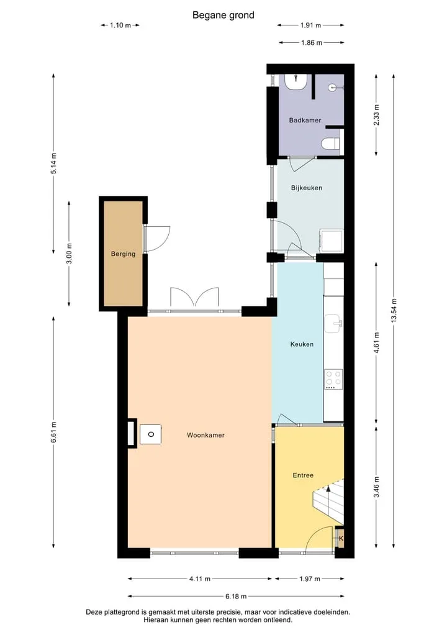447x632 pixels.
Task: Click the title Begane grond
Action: coord(223,16)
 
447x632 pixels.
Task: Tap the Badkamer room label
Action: coord(305,120)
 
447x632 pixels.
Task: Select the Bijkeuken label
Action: coord(307,188)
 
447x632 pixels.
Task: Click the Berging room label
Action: coord(123,254)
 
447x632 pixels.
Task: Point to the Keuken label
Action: coord(302,344)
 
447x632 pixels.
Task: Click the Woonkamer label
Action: coord(205,435)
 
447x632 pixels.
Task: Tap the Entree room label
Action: coord(303,475)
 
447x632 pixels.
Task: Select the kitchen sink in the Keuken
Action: coord(333,324)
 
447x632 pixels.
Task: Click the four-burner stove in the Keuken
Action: coord(333,379)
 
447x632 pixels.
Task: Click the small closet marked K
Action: coord(340,538)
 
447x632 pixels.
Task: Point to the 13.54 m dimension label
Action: coord(394,310)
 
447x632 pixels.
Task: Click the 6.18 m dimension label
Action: coord(236,596)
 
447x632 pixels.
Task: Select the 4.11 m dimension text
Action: coord(200,579)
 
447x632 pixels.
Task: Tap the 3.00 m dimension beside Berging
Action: coord(70,254)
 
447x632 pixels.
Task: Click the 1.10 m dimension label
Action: coord(120,25)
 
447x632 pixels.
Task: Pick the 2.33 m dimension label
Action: coord(376,115)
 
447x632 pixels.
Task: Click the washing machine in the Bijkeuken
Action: coord(331,242)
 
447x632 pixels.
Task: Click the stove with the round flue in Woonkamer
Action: coord(151,434)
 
